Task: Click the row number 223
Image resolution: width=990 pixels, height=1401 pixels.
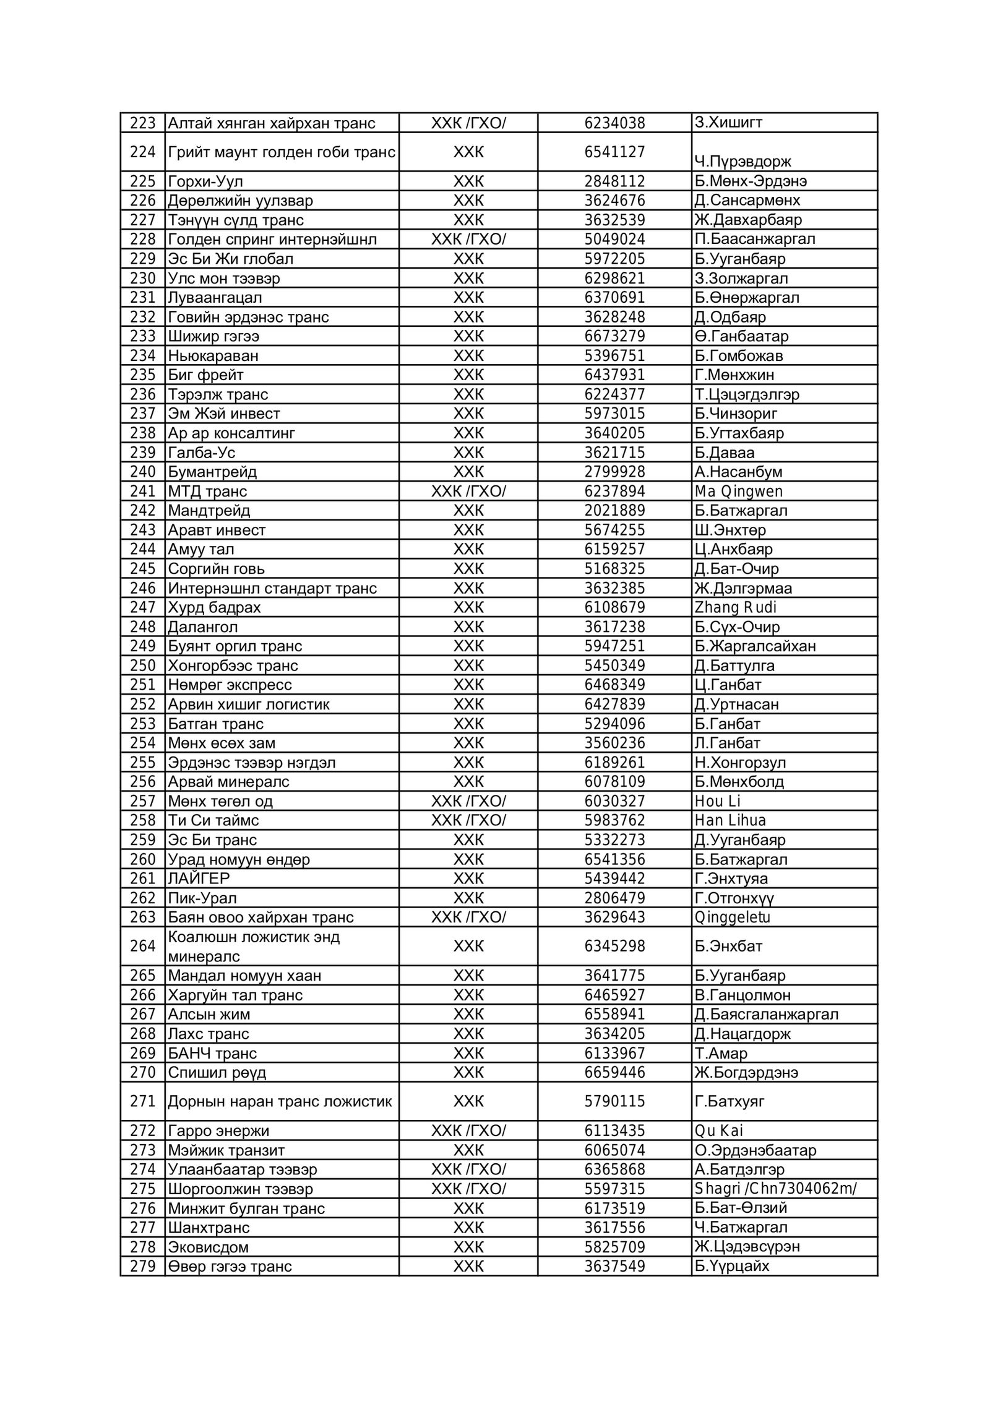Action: coord(142,123)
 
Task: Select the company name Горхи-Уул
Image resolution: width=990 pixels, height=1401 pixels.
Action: coord(205,181)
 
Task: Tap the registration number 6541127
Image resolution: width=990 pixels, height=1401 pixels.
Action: coord(614,152)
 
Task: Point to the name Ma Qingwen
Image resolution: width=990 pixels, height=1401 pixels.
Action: coord(738,492)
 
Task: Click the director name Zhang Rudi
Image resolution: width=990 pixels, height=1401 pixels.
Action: coord(735,607)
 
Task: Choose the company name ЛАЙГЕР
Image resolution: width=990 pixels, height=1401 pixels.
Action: coord(199,878)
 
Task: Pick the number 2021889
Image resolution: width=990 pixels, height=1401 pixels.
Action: coord(614,511)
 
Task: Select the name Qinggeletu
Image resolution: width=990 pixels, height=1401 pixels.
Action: coord(732,917)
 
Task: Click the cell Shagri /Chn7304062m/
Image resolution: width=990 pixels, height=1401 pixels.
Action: coord(775,1189)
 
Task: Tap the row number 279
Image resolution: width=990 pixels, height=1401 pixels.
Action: coord(142,1266)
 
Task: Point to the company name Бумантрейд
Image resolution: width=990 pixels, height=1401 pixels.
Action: coord(212,472)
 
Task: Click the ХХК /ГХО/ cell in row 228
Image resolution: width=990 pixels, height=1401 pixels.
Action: coord(468,240)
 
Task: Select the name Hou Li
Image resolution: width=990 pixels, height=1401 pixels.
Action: coord(717,801)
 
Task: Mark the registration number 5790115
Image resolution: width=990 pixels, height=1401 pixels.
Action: coord(614,1101)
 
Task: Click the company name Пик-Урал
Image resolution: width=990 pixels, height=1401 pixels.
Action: coord(202,898)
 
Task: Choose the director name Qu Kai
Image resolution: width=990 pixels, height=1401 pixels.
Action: coord(718,1131)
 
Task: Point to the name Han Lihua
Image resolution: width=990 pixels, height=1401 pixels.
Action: coord(730,820)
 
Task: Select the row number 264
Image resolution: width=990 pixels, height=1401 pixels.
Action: coord(142,947)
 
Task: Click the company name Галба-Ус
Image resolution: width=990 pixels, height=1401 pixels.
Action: coord(202,453)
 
